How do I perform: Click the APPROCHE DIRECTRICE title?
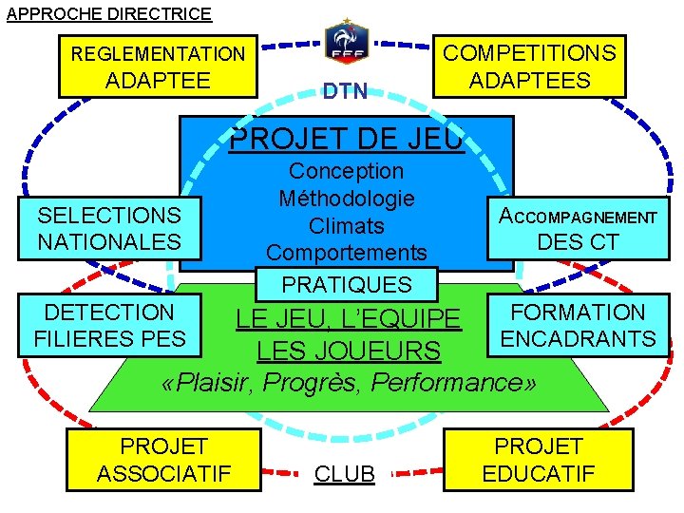[109, 13]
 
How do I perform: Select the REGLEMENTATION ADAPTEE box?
[158, 66]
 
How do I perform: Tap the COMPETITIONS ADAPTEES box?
[529, 66]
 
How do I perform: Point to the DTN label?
[345, 92]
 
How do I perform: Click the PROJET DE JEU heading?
[347, 139]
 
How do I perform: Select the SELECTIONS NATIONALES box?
[109, 229]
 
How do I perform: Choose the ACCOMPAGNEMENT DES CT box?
[578, 229]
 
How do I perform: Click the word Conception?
[346, 172]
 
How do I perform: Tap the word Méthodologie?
[347, 199]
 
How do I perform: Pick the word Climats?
[347, 226]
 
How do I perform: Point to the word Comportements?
[347, 253]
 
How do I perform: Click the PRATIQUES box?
[347, 284]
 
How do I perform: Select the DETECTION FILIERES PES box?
[109, 325]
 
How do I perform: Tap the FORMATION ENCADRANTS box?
[578, 325]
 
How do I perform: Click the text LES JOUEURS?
[349, 351]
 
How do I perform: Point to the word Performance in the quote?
[470, 383]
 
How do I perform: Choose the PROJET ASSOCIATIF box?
[163, 460]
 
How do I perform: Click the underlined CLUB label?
[345, 473]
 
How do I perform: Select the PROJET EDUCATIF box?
[539, 460]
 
